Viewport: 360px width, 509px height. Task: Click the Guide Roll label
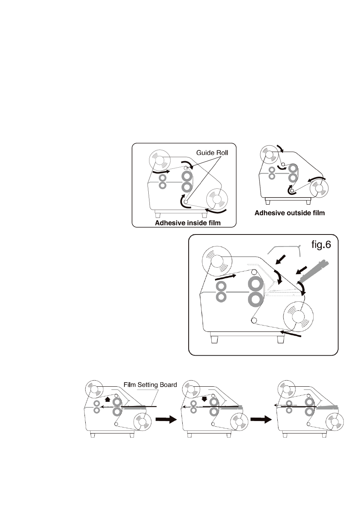(x=212, y=153)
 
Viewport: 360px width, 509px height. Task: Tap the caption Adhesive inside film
(x=188, y=223)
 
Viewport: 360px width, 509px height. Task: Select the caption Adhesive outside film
(x=289, y=213)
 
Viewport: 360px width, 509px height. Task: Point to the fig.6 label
(x=321, y=245)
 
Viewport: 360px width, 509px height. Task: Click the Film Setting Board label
(x=150, y=385)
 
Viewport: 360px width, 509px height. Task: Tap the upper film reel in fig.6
(x=217, y=262)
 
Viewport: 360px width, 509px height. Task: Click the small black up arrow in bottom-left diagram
(x=108, y=399)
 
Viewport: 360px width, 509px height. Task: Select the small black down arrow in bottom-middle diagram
(x=205, y=399)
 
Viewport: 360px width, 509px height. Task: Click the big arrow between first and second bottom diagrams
(x=166, y=420)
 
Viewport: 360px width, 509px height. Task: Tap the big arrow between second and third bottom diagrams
(x=261, y=420)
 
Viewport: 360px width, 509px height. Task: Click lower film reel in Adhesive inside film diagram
(x=217, y=199)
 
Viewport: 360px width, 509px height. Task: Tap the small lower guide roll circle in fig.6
(x=254, y=321)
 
